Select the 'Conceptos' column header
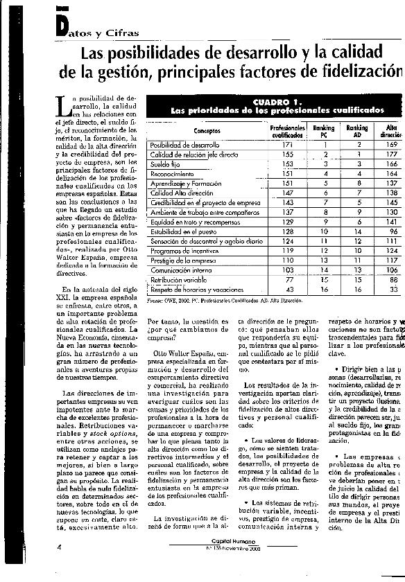pyautogui.click(x=207, y=131)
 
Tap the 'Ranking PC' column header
pyautogui.click(x=323, y=132)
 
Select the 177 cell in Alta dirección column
pyautogui.click(x=392, y=154)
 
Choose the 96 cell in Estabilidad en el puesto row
pyautogui.click(x=393, y=230)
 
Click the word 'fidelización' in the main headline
pyautogui.click(x=361, y=71)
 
